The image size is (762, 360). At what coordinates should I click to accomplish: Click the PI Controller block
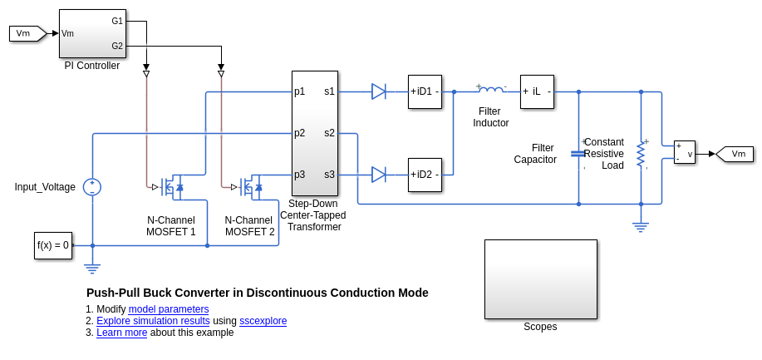(92, 33)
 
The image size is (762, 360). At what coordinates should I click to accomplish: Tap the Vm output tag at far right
(735, 154)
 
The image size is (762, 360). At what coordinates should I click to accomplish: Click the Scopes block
(540, 279)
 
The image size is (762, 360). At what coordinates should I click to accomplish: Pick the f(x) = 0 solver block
(53, 245)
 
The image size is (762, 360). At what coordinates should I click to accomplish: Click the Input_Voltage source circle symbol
(92, 187)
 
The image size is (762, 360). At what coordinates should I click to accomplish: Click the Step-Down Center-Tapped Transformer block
(314, 133)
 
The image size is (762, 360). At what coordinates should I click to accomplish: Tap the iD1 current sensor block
(425, 91)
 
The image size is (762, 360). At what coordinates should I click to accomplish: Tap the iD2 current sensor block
(425, 175)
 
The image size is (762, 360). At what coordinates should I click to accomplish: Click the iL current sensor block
(537, 91)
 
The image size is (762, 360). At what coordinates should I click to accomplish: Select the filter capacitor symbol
(578, 154)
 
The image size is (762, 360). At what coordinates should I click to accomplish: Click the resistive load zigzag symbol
(641, 154)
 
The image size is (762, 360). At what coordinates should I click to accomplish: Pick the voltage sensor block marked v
(684, 152)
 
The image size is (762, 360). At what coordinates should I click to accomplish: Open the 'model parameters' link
(169, 309)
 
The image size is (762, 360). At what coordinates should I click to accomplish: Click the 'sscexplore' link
(263, 321)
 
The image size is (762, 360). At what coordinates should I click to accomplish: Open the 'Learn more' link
(121, 333)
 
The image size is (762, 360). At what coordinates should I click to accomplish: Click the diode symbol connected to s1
(379, 91)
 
